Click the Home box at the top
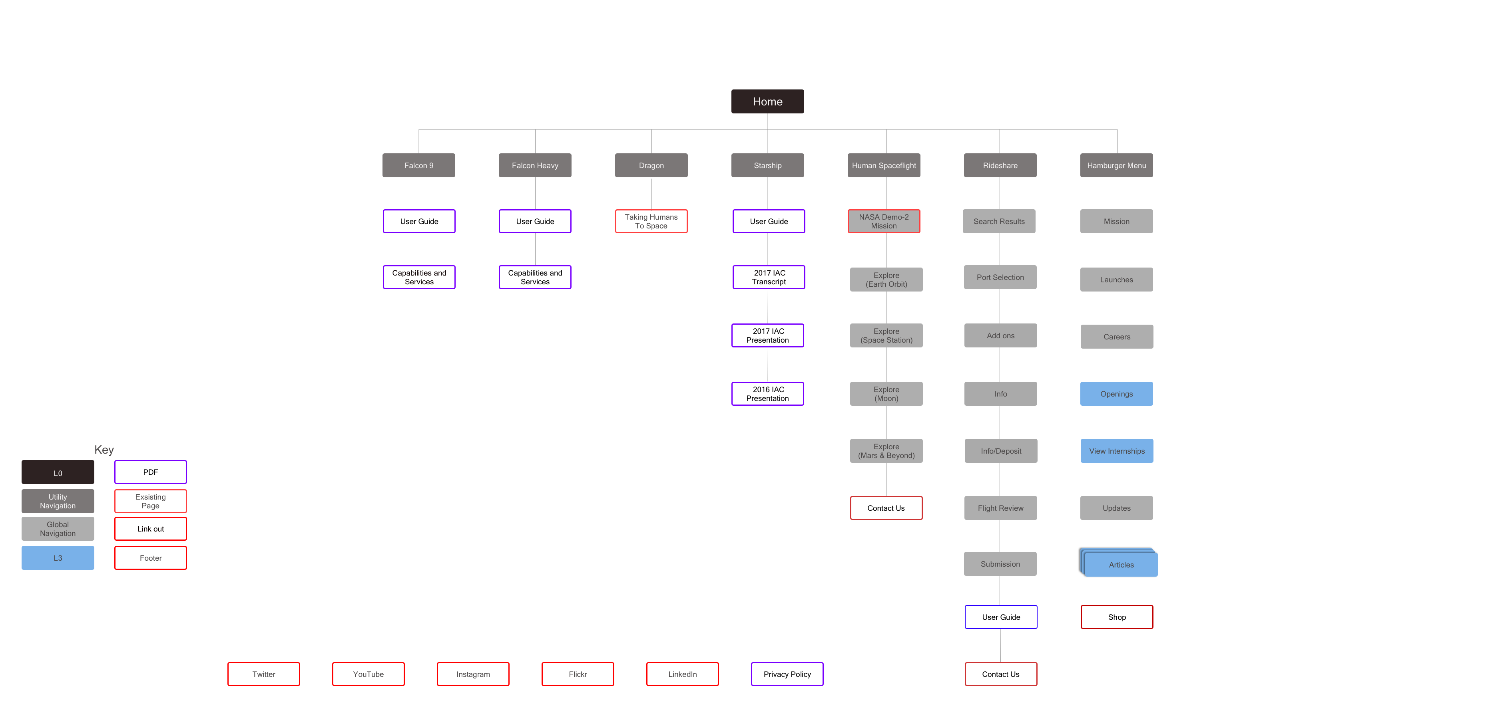(767, 101)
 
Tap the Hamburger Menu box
(1116, 166)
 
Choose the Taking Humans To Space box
(651, 222)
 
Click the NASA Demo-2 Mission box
(883, 222)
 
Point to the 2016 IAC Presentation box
(767, 394)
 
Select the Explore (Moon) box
(886, 394)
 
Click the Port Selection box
(1000, 278)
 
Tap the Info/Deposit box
(1000, 451)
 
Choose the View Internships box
(1117, 451)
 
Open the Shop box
(1117, 617)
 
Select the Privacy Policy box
(787, 674)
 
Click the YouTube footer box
(368, 674)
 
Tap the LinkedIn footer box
(682, 674)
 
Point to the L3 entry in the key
(58, 559)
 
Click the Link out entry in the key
(150, 529)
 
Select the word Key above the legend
(104, 450)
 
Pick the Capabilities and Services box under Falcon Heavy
(535, 278)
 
